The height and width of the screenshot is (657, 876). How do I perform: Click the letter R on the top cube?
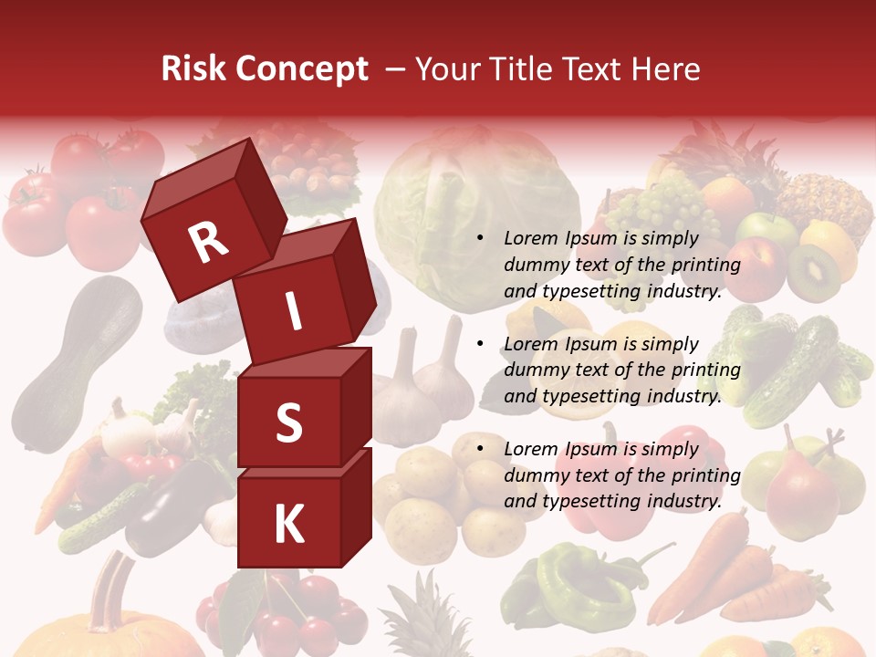208,242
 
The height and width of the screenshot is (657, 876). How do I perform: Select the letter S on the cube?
288,422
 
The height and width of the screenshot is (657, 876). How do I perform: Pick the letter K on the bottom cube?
288,525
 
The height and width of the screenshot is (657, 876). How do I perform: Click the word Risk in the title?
193,69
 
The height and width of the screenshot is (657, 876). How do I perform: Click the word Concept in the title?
300,70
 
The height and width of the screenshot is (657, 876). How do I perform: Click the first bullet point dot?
480,239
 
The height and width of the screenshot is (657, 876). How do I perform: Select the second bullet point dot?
480,344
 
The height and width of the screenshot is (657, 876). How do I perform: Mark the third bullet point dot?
480,449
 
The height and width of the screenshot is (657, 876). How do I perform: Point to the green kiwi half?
814,271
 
